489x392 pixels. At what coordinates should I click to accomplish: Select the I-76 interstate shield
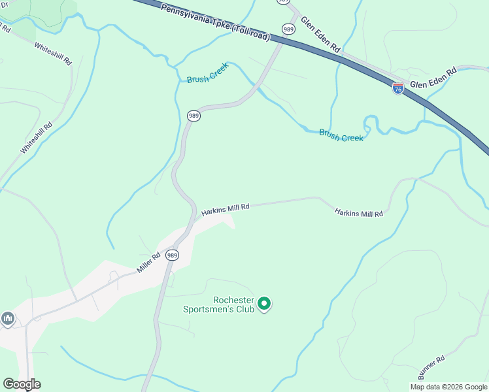[397, 88]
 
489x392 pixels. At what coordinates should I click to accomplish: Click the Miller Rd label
[148, 263]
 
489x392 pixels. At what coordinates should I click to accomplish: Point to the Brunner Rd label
[431, 368]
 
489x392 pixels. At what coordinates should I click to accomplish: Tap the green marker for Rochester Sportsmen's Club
[264, 303]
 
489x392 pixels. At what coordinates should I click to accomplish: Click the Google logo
[22, 384]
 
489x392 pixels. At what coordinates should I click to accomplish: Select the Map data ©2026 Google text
[448, 386]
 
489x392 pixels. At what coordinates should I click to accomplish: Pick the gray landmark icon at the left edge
[8, 318]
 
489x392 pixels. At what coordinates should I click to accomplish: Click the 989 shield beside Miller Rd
[172, 254]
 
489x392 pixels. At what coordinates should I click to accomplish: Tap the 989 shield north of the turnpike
[288, 29]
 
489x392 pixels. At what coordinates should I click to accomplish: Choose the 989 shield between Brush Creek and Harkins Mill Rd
[193, 116]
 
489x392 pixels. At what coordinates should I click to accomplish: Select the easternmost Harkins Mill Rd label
[358, 213]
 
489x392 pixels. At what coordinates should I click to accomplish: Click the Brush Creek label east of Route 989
[341, 136]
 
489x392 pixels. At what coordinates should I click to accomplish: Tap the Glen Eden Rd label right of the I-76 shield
[432, 78]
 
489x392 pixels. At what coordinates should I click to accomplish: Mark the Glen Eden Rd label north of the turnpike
[320, 35]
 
